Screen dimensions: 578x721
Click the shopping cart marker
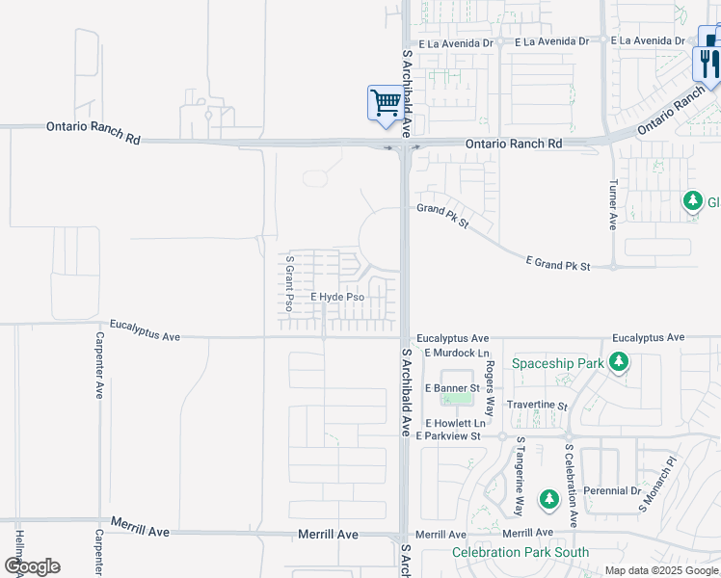pos(386,102)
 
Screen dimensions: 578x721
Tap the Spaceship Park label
pos(557,363)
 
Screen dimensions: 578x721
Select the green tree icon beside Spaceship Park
pos(619,363)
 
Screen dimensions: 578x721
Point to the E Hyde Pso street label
pos(336,299)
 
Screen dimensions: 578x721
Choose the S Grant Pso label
pos(288,282)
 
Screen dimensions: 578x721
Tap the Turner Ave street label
pos(612,204)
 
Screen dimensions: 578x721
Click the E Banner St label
pos(443,388)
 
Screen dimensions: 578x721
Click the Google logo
pos(32,566)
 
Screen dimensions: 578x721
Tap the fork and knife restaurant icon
pos(708,63)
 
